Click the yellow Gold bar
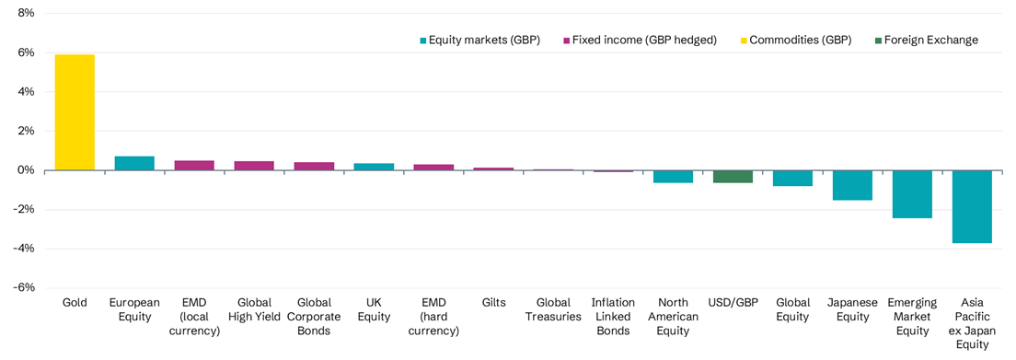coord(75,112)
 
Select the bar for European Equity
coord(134,163)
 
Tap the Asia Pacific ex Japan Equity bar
coord(972,206)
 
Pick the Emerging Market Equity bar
coord(912,194)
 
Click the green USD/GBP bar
coord(733,177)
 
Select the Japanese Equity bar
coord(852,185)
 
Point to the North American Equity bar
coord(673,177)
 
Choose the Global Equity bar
coord(792,179)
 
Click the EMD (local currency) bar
coord(194,166)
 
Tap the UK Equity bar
coord(374,167)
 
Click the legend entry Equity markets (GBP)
coord(479,40)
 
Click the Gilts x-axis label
coord(493,302)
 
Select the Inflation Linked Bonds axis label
coord(613,316)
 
